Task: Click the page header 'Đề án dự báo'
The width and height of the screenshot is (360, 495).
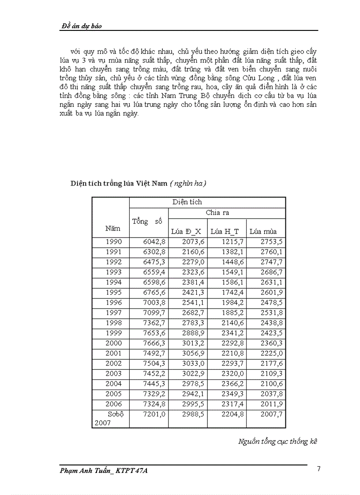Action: pos(81,26)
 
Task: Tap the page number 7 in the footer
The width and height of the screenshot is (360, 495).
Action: pos(319,469)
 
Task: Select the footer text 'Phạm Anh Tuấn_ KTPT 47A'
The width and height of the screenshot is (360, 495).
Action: pos(104,471)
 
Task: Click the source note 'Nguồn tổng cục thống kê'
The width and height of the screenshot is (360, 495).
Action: pos(277,441)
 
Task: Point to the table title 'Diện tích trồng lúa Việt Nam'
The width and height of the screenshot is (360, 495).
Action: pos(119,184)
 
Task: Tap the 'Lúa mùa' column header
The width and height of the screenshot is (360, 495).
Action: pos(263,231)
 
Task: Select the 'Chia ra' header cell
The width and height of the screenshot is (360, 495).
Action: pos(217,212)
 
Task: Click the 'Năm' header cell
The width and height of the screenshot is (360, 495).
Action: pos(112,228)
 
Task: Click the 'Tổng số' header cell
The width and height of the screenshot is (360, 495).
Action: pos(147,221)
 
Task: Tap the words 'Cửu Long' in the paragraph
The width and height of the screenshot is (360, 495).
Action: pos(263,78)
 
